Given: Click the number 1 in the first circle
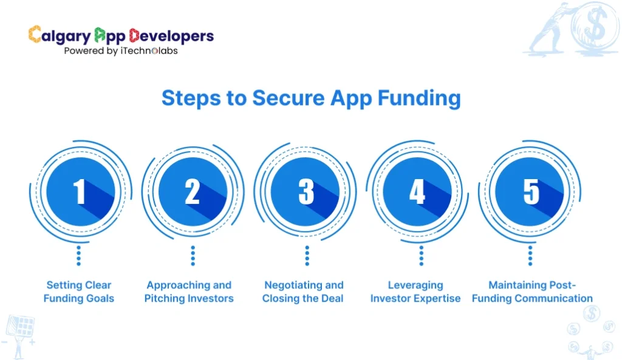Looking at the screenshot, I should (80, 192).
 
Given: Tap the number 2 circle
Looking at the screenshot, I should (193, 192).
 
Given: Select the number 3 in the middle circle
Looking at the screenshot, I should (306, 192).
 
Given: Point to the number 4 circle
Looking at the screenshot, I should (417, 192).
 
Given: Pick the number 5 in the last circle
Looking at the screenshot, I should (531, 192).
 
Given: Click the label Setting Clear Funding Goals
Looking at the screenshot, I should (79, 291).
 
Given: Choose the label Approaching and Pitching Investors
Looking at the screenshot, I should (189, 291).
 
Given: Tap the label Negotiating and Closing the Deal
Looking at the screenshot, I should (303, 291).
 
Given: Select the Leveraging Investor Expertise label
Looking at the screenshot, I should (415, 291).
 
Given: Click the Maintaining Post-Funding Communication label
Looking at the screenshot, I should (532, 291).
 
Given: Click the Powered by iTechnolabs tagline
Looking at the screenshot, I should (121, 51).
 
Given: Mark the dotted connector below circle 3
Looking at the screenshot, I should (307, 256).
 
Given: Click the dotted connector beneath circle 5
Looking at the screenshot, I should (530, 256).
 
